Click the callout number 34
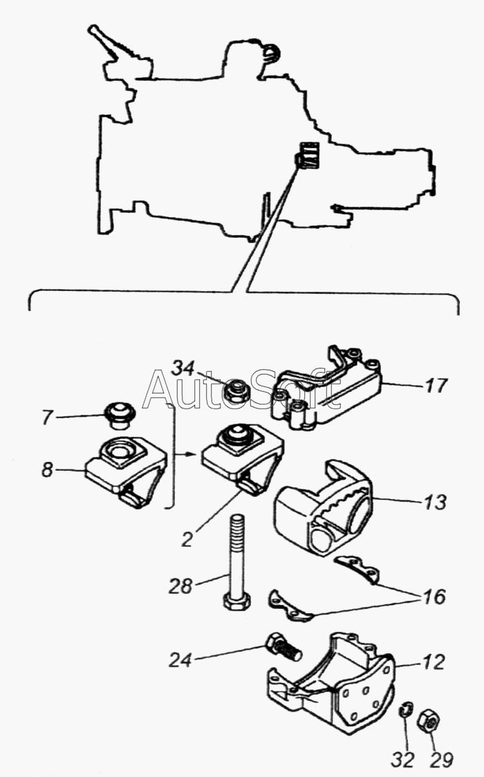(x=183, y=368)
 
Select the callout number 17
(x=436, y=385)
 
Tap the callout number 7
(x=47, y=418)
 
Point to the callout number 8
(x=47, y=469)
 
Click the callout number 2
(x=187, y=539)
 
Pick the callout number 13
(x=436, y=502)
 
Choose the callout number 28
(x=180, y=586)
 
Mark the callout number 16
(x=434, y=597)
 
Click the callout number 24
(x=180, y=660)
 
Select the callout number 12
(x=434, y=662)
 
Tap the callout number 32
(x=402, y=759)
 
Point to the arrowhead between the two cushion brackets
(x=195, y=453)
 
